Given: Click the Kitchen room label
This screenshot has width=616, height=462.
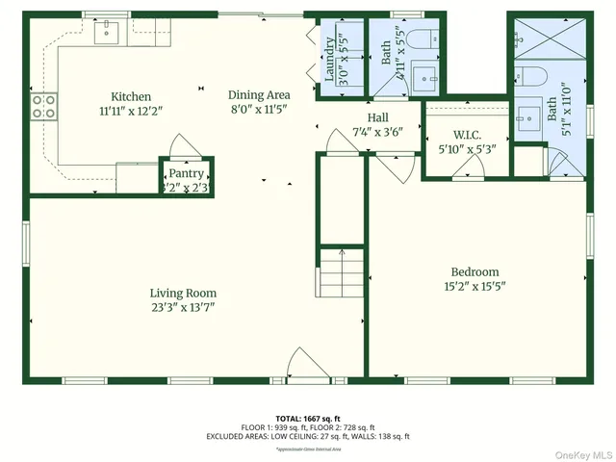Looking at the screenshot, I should point(130,96).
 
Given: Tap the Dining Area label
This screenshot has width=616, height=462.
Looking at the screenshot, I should point(259,95).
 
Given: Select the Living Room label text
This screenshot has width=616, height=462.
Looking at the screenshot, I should point(183,294).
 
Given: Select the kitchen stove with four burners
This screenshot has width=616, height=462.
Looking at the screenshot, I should point(43,106).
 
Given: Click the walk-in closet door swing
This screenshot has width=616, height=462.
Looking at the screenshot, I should point(469,169).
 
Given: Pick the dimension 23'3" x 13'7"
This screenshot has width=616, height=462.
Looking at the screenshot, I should point(183,308).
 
